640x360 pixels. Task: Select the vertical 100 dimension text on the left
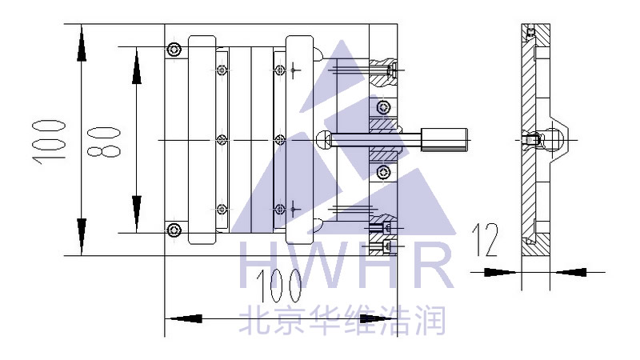click(x=49, y=141)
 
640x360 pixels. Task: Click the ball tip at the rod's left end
click(x=324, y=140)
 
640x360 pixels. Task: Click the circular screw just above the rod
click(x=384, y=106)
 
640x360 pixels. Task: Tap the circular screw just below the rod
click(x=384, y=173)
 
